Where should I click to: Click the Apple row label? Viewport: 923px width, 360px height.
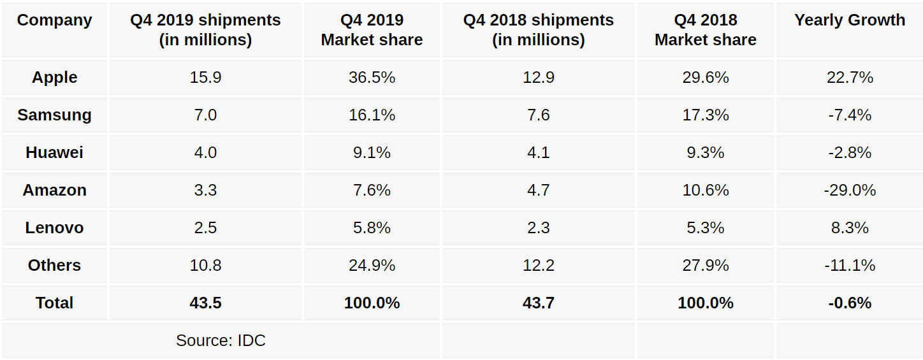(55, 78)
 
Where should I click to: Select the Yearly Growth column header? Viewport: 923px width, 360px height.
(850, 20)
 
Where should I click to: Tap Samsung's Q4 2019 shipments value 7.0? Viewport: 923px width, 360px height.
(205, 115)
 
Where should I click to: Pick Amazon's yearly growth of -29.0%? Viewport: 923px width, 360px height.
(850, 191)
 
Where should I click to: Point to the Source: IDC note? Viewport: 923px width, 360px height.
(221, 341)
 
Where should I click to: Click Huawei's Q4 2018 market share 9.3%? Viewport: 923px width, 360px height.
(705, 153)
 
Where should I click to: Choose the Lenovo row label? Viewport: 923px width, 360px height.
(55, 228)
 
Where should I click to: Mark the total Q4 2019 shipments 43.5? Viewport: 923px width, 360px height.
(205, 303)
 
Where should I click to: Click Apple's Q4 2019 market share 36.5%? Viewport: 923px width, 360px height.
(372, 78)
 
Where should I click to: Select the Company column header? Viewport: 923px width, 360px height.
(55, 20)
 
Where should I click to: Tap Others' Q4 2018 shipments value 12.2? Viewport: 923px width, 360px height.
(538, 266)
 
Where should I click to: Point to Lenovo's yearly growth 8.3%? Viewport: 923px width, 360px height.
(850, 228)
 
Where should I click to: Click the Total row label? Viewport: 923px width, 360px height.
(55, 303)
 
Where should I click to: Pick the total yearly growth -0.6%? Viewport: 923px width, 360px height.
(850, 303)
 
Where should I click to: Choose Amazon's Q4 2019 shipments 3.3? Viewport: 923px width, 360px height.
(205, 191)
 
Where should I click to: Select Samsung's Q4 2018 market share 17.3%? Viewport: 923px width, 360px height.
(705, 115)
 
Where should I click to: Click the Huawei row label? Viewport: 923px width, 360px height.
(55, 153)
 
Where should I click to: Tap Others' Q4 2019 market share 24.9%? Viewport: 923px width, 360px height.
(372, 266)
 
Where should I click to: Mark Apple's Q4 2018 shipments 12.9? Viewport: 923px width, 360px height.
(538, 78)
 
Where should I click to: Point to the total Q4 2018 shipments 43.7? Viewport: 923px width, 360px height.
(538, 303)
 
